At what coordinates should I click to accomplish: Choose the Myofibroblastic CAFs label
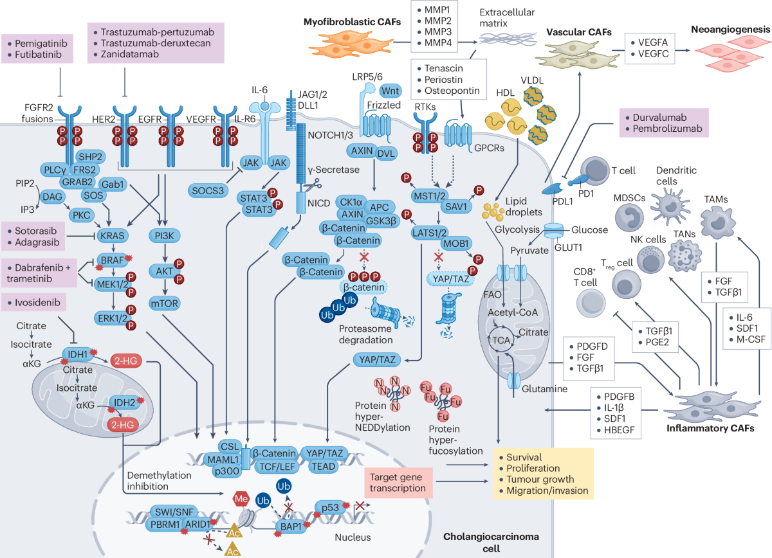(352, 22)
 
